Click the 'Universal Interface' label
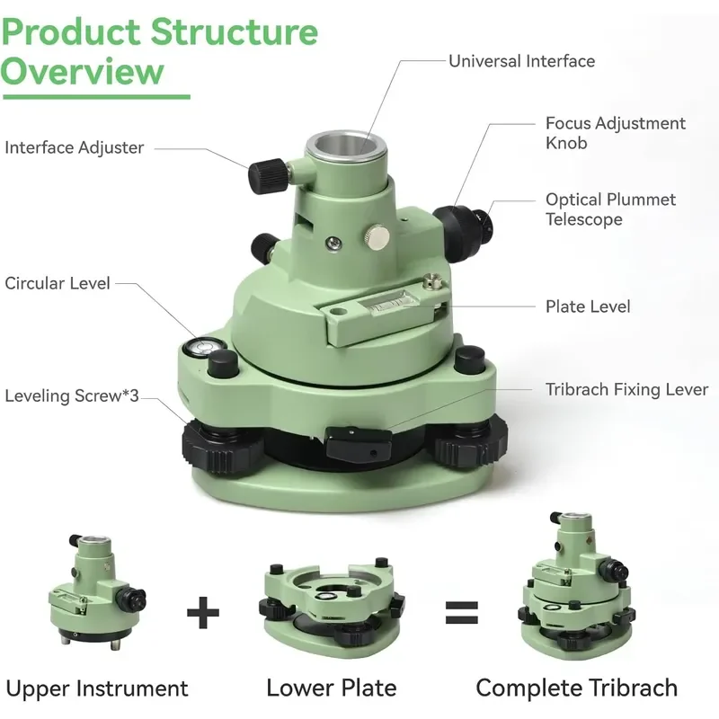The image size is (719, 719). [521, 61]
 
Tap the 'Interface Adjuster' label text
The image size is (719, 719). [75, 147]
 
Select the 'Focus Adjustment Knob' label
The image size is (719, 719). [616, 133]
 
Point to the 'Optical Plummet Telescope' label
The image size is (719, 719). [610, 209]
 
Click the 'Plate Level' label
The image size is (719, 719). [588, 306]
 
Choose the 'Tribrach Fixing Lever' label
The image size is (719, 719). [626, 389]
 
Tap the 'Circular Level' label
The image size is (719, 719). [58, 283]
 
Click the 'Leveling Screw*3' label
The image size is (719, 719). [72, 395]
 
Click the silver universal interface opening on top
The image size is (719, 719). [346, 146]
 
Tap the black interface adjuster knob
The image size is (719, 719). [267, 175]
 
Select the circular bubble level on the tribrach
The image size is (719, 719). [200, 347]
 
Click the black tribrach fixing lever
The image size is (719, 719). [359, 443]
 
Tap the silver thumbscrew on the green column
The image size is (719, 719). [377, 236]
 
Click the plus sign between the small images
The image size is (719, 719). [203, 613]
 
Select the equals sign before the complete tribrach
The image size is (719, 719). [462, 613]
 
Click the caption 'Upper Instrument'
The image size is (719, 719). [97, 688]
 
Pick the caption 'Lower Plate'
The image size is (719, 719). [332, 688]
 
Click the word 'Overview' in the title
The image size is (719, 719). [82, 71]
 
